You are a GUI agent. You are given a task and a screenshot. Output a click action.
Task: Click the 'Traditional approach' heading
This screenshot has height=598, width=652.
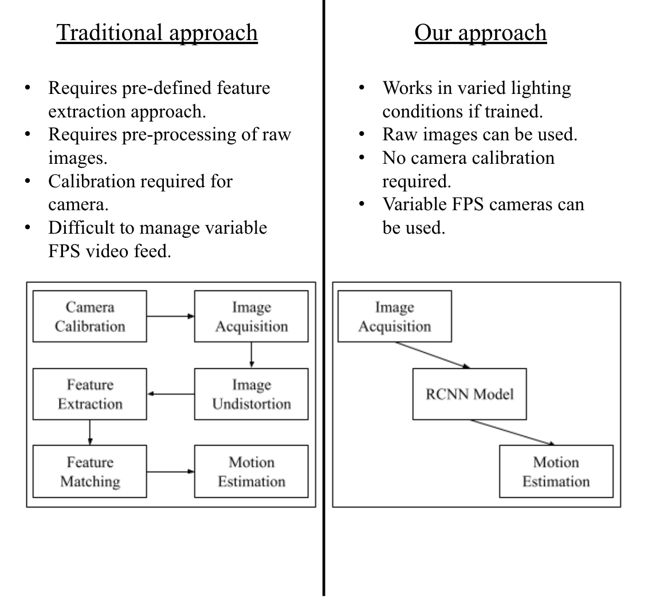pyautogui.click(x=156, y=33)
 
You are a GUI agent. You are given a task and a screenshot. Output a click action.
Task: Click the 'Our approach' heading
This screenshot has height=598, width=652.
pyautogui.click(x=480, y=33)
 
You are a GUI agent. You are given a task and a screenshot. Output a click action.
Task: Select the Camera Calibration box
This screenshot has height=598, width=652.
pyautogui.click(x=89, y=316)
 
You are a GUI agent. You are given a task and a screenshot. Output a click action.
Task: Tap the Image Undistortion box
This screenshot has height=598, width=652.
pyautogui.click(x=251, y=394)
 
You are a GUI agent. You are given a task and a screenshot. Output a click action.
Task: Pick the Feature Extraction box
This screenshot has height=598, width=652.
pyautogui.click(x=89, y=394)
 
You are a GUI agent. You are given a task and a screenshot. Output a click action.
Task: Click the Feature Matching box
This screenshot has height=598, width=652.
pyautogui.click(x=89, y=471)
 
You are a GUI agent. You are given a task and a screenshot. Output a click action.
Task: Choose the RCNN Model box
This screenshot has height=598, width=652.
pyautogui.click(x=469, y=394)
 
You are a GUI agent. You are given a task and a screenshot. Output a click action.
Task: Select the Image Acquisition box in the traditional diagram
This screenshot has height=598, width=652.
pyautogui.click(x=251, y=316)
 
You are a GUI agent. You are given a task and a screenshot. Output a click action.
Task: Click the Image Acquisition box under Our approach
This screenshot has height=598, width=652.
pyautogui.click(x=394, y=316)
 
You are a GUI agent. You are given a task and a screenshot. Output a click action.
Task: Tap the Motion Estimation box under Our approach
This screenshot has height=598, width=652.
pyautogui.click(x=556, y=471)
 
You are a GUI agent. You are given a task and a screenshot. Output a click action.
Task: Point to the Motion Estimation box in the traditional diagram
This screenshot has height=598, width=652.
pyautogui.click(x=251, y=471)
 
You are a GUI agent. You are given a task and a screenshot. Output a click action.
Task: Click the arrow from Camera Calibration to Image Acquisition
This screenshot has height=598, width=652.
pyautogui.click(x=170, y=316)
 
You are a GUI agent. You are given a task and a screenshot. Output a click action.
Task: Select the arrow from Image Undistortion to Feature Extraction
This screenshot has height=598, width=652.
pyautogui.click(x=171, y=394)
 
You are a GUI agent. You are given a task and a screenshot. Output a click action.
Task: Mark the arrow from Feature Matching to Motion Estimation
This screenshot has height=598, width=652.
pyautogui.click(x=170, y=471)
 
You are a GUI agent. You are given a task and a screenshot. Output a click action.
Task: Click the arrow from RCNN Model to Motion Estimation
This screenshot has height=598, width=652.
pyautogui.click(x=513, y=432)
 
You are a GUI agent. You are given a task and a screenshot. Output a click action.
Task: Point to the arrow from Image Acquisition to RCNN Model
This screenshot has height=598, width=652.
pyautogui.click(x=433, y=355)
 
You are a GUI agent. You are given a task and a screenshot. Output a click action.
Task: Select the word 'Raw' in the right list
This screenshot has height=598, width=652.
pyautogui.click(x=397, y=135)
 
